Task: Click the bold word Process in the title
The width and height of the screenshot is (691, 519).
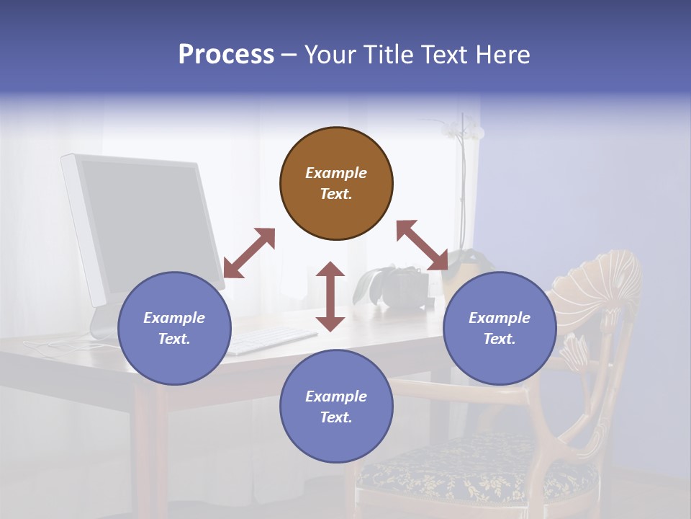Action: (225, 55)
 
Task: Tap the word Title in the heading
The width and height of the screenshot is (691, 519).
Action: (389, 55)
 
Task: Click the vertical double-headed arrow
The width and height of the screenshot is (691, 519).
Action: (330, 296)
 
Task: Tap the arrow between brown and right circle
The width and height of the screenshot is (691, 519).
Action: (423, 246)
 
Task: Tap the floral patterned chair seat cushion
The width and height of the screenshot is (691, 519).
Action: (475, 469)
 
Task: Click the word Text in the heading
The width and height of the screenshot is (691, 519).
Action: (444, 55)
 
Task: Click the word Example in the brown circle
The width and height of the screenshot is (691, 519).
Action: (336, 173)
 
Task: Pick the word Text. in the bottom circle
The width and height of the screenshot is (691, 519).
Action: (336, 417)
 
